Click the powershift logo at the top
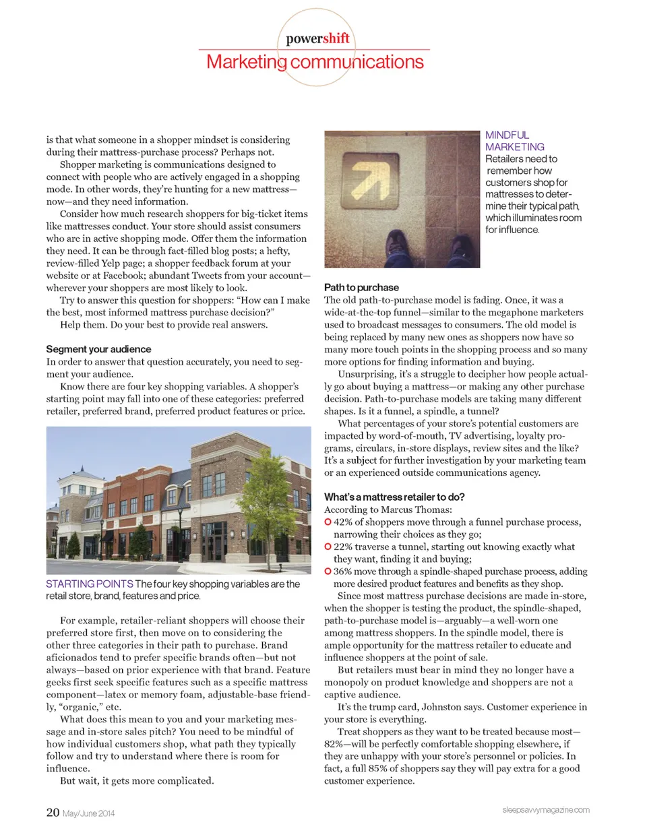pyautogui.click(x=317, y=38)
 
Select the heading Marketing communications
pyautogui.click(x=315, y=62)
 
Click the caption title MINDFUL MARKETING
pyautogui.click(x=514, y=141)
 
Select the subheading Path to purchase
pyautogui.click(x=361, y=287)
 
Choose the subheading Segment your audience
pyautogui.click(x=98, y=349)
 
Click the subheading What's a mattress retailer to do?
pyautogui.click(x=394, y=497)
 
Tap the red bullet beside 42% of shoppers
pyautogui.click(x=328, y=522)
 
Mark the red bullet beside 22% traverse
pyautogui.click(x=328, y=547)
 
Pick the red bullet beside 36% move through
pyautogui.click(x=328, y=571)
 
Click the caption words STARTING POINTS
pyautogui.click(x=90, y=584)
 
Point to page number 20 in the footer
pyautogui.click(x=53, y=812)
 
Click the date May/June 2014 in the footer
pyautogui.click(x=88, y=813)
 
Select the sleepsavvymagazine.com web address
pyautogui.click(x=545, y=809)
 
